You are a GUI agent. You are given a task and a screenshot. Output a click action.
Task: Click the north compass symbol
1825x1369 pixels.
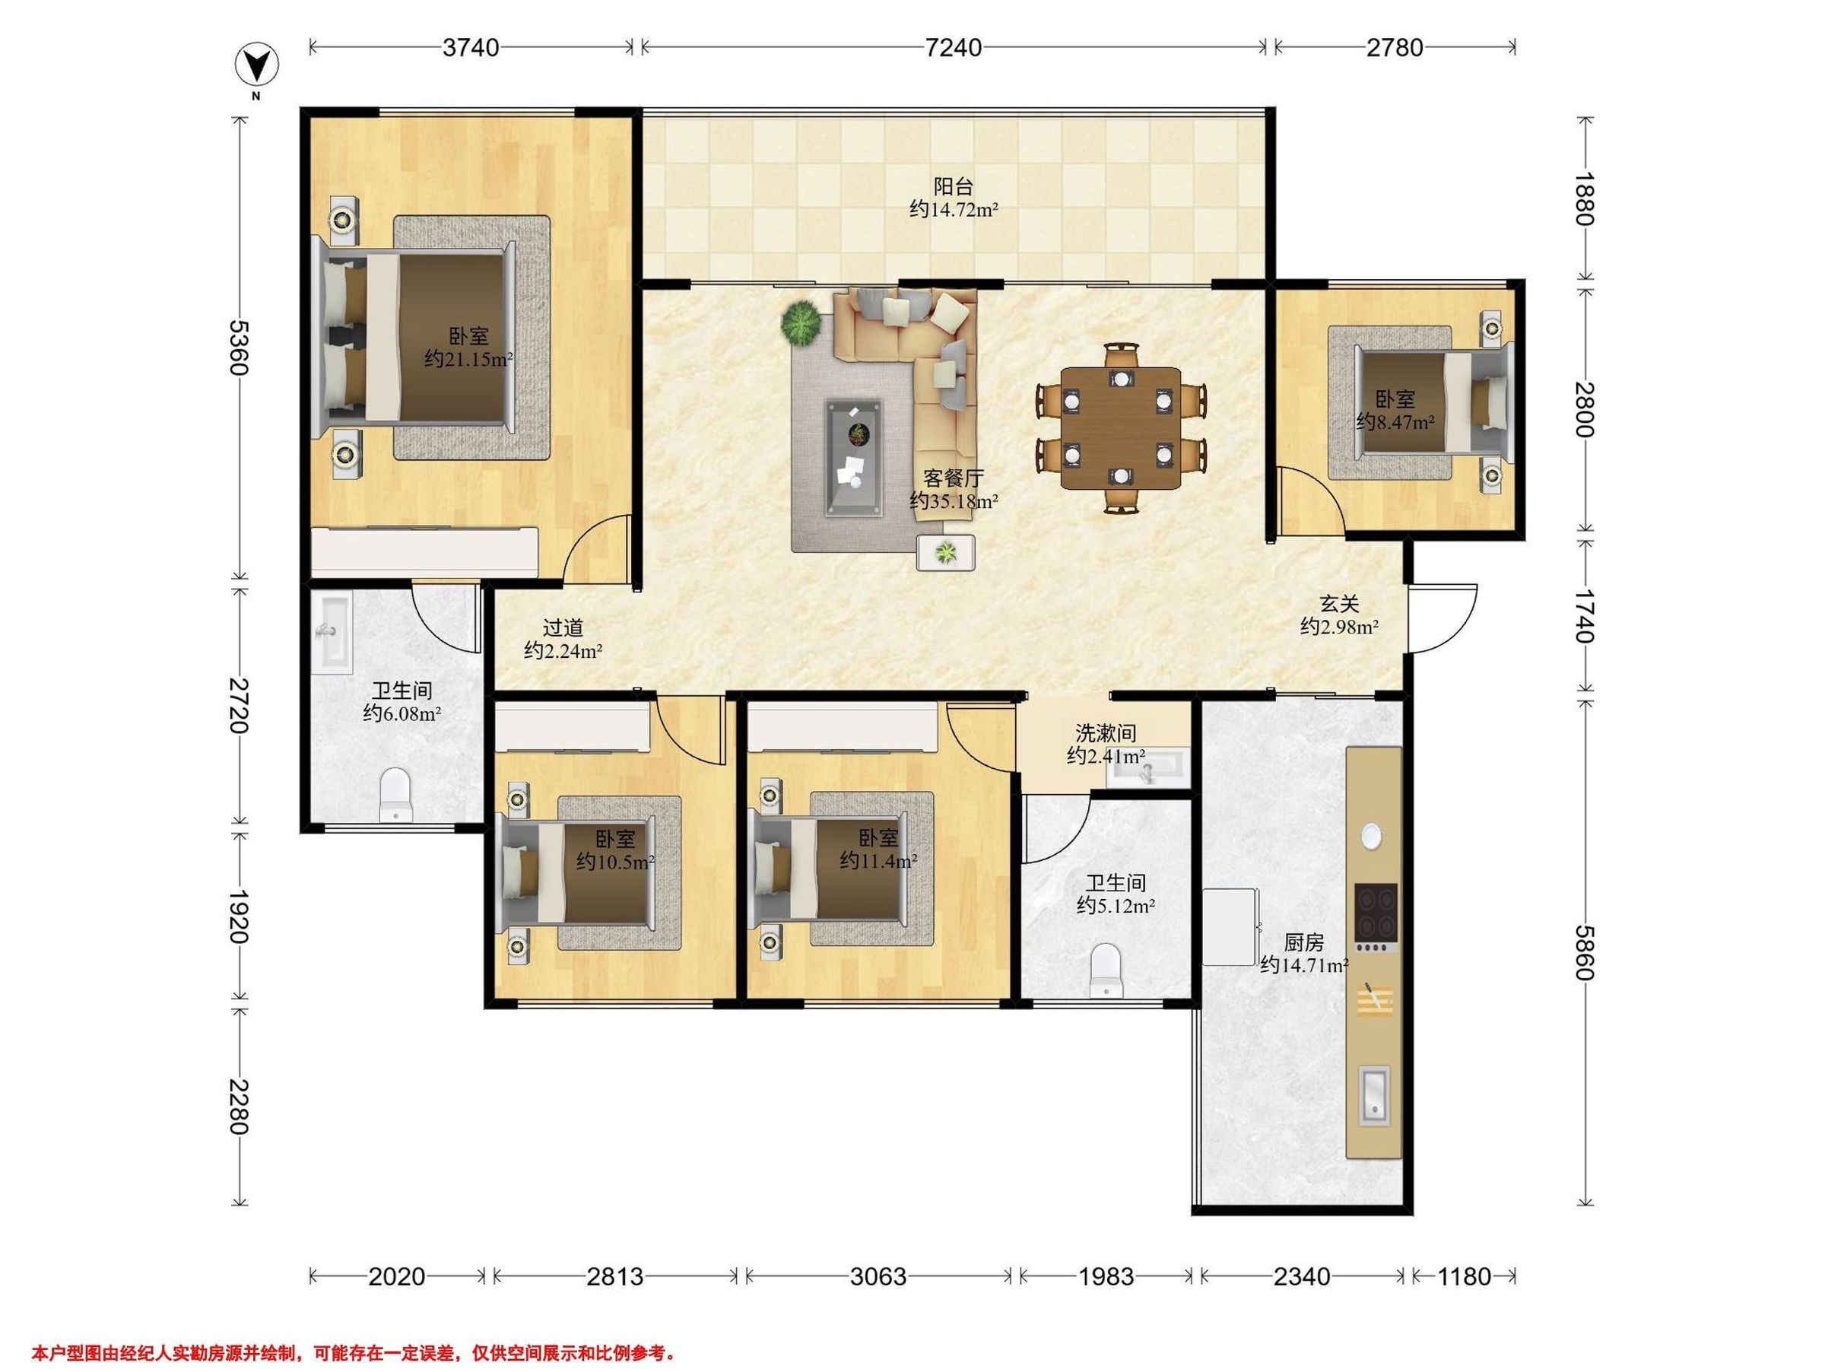(x=256, y=65)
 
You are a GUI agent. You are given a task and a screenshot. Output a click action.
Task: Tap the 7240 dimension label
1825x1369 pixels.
(x=953, y=48)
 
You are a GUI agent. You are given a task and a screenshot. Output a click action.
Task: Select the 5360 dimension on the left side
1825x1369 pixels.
(x=240, y=348)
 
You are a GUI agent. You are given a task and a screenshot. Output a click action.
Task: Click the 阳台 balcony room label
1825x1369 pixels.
(x=954, y=186)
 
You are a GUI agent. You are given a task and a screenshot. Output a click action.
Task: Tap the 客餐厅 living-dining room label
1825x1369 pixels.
(x=954, y=478)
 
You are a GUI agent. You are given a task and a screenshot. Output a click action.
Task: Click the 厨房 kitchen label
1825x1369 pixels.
(x=1303, y=942)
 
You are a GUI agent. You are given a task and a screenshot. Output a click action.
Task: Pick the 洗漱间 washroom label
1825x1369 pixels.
(x=1106, y=732)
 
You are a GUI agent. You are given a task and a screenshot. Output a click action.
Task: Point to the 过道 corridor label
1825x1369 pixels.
(x=563, y=628)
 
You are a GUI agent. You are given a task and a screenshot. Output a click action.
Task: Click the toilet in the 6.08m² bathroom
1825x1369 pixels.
(x=396, y=795)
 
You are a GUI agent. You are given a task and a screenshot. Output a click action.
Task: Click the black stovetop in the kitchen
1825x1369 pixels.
(x=1376, y=915)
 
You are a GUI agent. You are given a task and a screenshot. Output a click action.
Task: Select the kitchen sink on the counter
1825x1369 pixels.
(x=1374, y=1095)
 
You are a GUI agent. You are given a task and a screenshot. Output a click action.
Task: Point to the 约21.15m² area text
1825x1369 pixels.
(x=468, y=359)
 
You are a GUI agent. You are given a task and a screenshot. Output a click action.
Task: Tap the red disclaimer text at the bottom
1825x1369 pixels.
(x=354, y=1329)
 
